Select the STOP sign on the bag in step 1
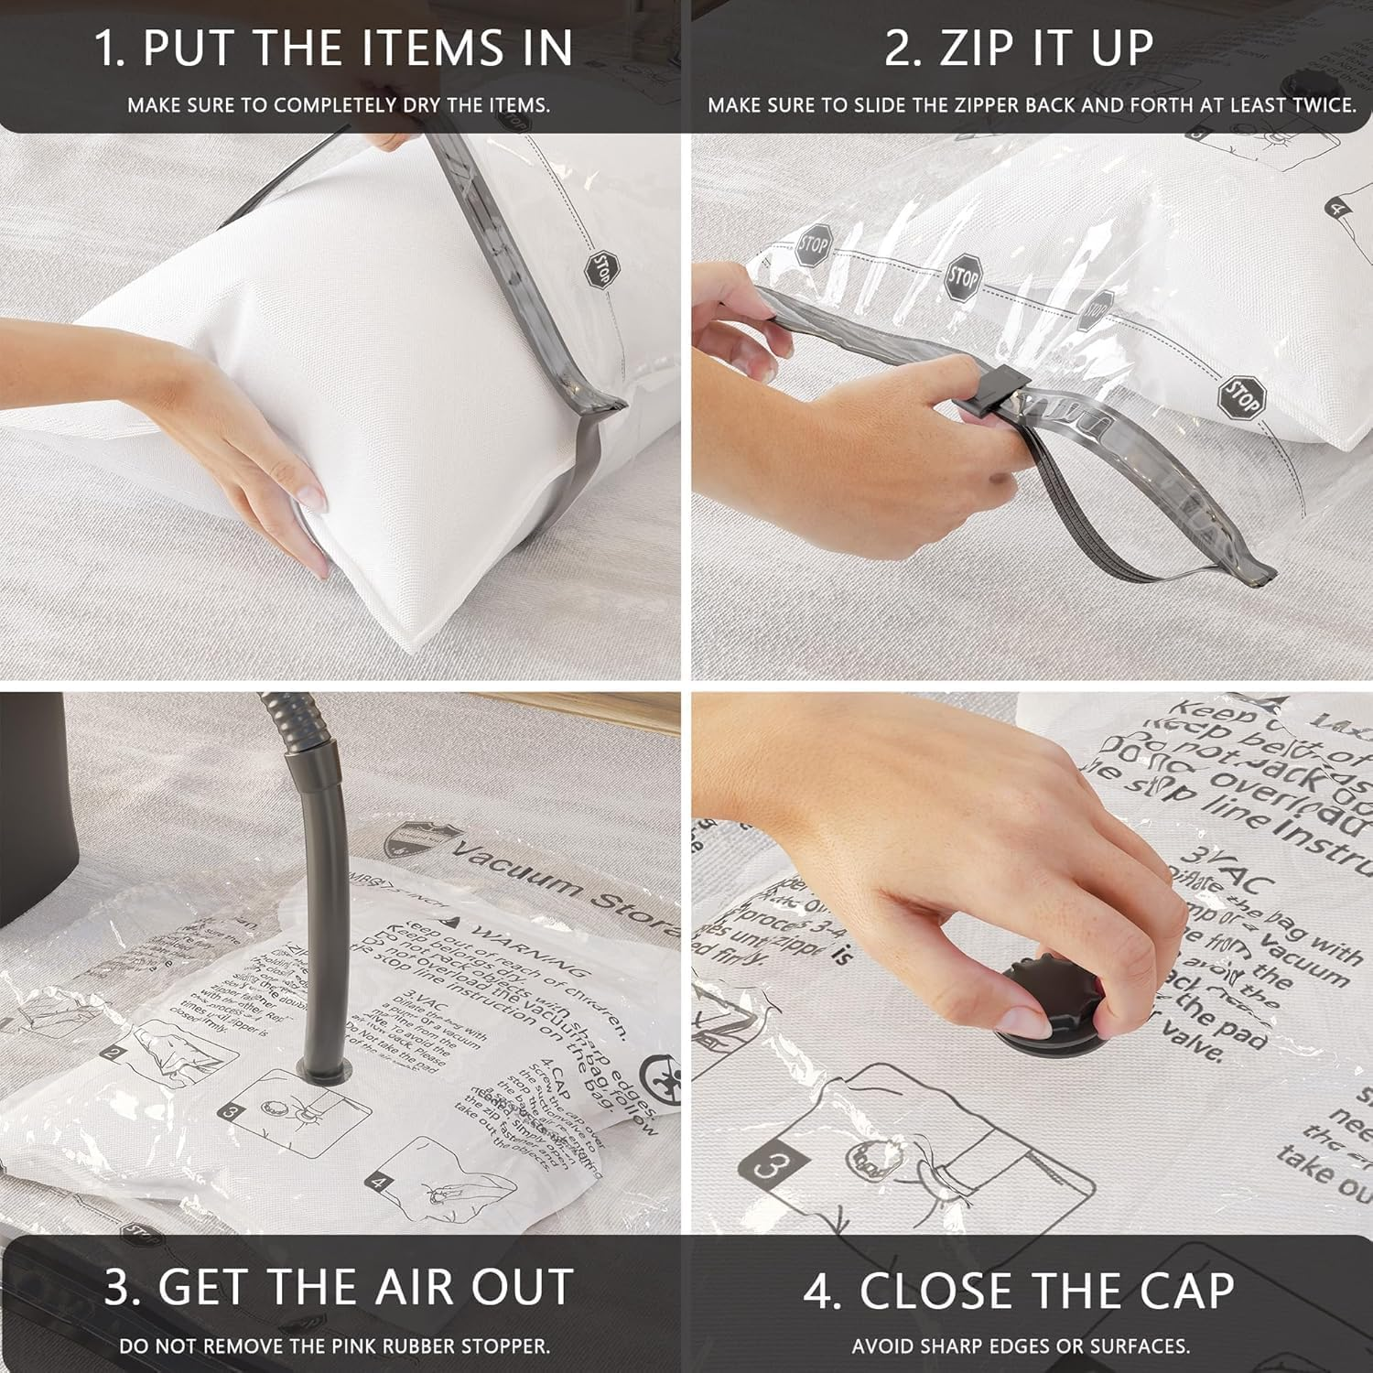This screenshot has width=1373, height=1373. pos(601,269)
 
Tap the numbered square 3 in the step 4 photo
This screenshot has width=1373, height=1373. pos(769,1167)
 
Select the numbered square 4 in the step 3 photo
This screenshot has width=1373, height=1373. pos(378,1183)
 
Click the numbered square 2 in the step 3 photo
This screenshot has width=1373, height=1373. pos(113,1053)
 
